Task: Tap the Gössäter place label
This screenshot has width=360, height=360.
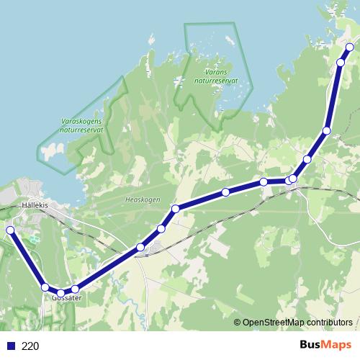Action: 67,297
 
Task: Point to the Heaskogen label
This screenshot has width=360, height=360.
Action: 142,199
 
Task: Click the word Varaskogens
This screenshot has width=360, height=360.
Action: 81,122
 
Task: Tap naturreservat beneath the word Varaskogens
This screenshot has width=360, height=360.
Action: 81,130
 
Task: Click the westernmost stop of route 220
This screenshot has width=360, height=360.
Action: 10,230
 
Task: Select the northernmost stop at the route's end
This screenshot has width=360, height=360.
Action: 350,48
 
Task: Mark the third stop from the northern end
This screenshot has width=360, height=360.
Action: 327,130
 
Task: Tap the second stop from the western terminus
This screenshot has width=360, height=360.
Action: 45,287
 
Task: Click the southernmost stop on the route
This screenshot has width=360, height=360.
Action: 61,293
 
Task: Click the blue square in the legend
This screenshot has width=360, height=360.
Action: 10,346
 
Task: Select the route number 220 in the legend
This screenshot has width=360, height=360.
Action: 30,346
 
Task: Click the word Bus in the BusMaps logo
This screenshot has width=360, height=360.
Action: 311,345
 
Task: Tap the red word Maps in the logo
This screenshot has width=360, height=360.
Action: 337,345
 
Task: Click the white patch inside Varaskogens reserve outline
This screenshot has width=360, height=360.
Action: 50,152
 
